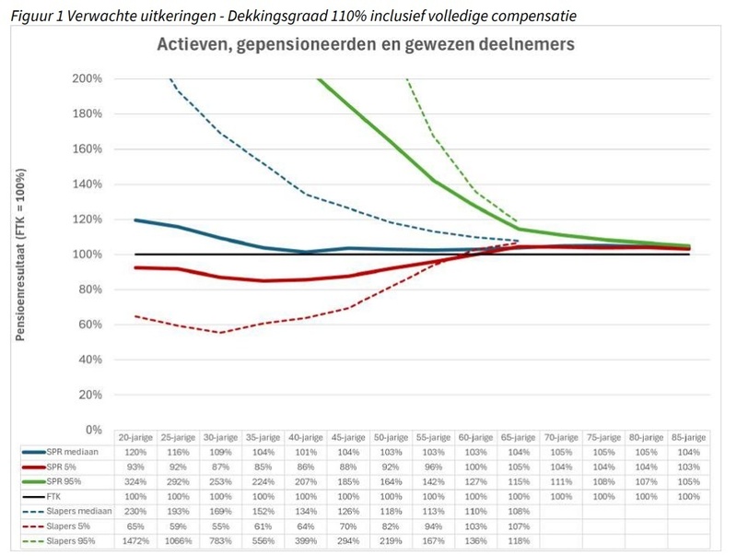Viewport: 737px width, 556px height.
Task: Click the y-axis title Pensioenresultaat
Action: (x=20, y=254)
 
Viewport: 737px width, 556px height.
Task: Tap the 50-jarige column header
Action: (x=391, y=437)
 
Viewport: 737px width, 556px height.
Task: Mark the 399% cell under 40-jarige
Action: (x=306, y=541)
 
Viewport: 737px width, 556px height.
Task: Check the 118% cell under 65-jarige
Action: (x=518, y=541)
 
